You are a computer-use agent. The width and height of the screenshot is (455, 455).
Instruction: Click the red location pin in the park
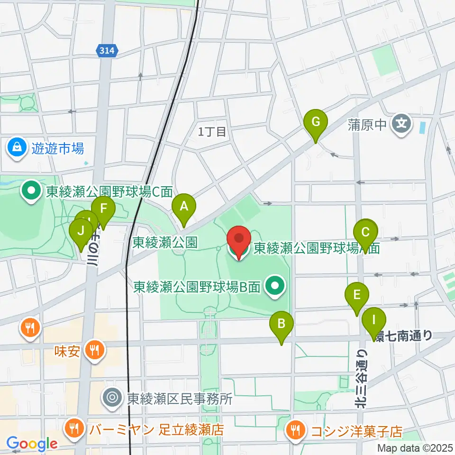(239, 241)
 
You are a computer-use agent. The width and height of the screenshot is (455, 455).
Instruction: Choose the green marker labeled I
(374, 322)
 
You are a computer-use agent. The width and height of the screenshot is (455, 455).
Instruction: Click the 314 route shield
(107, 51)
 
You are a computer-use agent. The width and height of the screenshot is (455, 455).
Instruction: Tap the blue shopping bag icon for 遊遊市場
(17, 148)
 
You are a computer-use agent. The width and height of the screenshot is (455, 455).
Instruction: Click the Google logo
(32, 444)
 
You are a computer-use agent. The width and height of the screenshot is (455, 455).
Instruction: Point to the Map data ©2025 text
(415, 447)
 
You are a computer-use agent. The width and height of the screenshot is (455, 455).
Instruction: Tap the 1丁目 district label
(212, 132)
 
